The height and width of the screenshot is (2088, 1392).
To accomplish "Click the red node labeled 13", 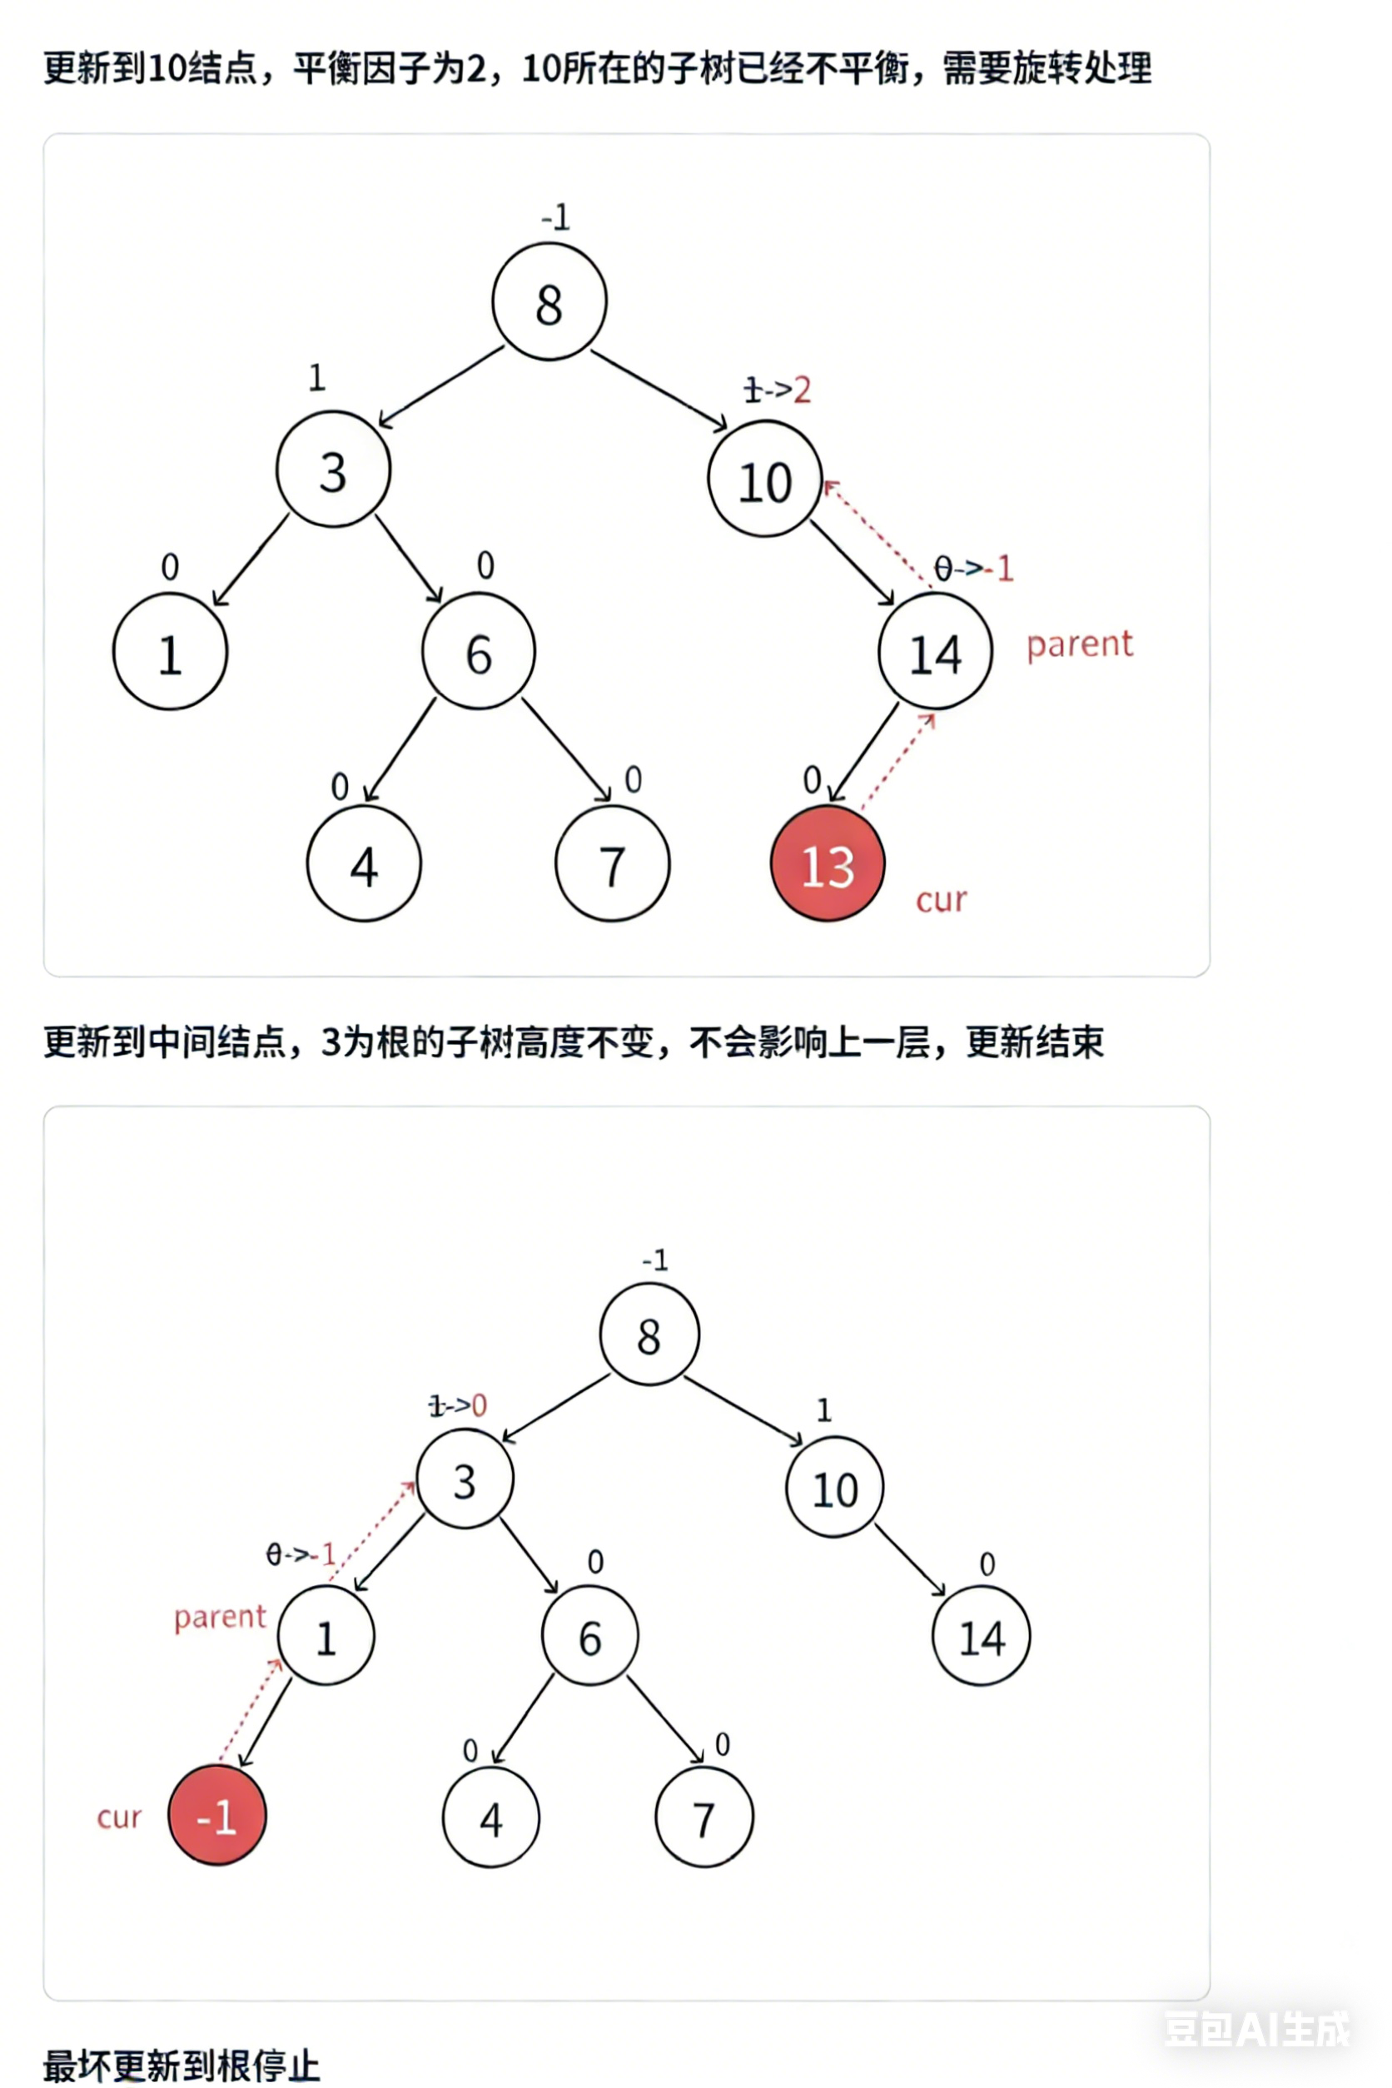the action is pos(828,864).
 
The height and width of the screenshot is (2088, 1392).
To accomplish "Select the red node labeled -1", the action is pos(216,1817).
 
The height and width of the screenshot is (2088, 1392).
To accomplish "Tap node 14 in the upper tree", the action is pos(935,653).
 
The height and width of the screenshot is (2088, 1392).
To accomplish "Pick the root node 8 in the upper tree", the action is pos(549,303).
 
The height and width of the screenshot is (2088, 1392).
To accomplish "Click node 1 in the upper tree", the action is pos(170,653).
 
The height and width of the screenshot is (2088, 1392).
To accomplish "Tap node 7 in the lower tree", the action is pos(704,1818).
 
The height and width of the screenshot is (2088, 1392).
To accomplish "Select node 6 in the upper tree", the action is pos(479,653).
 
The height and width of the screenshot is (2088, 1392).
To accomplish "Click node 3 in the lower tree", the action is pos(465,1481).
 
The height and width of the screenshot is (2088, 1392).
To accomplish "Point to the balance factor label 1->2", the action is pos(777,390).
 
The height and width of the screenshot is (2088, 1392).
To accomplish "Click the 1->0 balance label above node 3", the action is pos(457,1405).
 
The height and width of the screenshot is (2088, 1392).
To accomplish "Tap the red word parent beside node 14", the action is pos(1080,644).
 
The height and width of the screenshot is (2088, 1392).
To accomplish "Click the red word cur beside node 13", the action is pos(941,900).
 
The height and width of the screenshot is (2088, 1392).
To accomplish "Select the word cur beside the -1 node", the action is pos(119,1817).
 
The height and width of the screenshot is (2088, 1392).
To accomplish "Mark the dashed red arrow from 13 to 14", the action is pos(897,762).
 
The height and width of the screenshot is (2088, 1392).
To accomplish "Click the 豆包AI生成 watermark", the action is pos(1256,2029).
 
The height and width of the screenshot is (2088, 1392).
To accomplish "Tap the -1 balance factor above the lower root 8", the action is pos(654,1260).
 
